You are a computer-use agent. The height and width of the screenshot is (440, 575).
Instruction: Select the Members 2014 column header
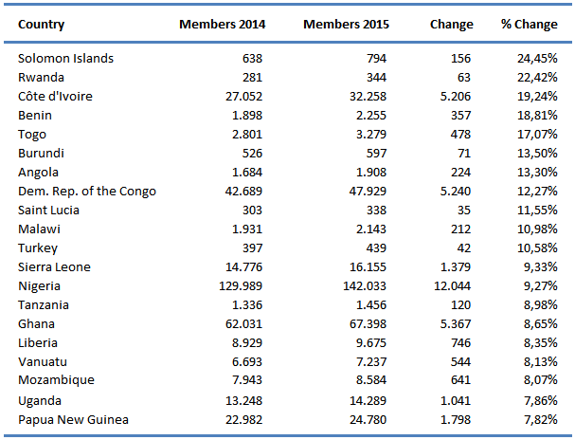[x=223, y=24]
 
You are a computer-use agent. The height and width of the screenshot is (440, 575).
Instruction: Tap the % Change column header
[x=529, y=24]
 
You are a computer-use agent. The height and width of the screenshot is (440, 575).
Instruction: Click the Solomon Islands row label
[x=65, y=59]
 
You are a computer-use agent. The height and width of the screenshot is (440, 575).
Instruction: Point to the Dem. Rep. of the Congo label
[x=87, y=192]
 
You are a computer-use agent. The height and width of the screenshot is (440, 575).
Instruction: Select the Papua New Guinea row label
[x=73, y=419]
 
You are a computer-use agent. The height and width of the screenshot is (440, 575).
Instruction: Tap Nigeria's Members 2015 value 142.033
[x=363, y=286]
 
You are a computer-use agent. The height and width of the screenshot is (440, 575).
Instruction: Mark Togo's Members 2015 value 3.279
[x=369, y=135]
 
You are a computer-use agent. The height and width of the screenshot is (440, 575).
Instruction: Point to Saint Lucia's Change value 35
[x=463, y=211]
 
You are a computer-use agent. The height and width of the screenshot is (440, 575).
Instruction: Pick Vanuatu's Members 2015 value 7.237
[x=369, y=362]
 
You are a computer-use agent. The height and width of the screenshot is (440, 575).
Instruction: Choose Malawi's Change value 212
[x=460, y=229]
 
